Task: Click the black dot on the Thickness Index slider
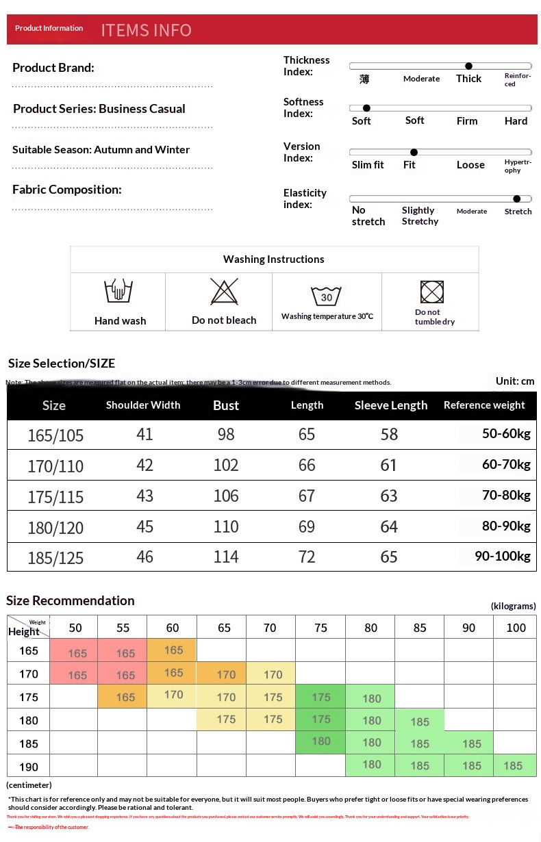(468, 66)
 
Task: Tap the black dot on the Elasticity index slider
(516, 199)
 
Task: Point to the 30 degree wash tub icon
(326, 296)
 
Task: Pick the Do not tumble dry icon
(432, 292)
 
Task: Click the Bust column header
(226, 405)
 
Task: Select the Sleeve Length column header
(390, 405)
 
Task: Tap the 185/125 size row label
(55, 558)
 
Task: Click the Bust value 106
(226, 496)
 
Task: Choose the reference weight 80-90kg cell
(506, 526)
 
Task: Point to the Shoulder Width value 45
(144, 526)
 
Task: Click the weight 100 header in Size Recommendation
(516, 628)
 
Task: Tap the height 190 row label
(29, 767)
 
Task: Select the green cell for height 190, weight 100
(513, 765)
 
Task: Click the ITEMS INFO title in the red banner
(146, 30)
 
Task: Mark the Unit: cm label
(515, 381)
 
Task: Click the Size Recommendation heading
(71, 600)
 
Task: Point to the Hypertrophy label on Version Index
(517, 166)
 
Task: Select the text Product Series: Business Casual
(99, 109)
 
